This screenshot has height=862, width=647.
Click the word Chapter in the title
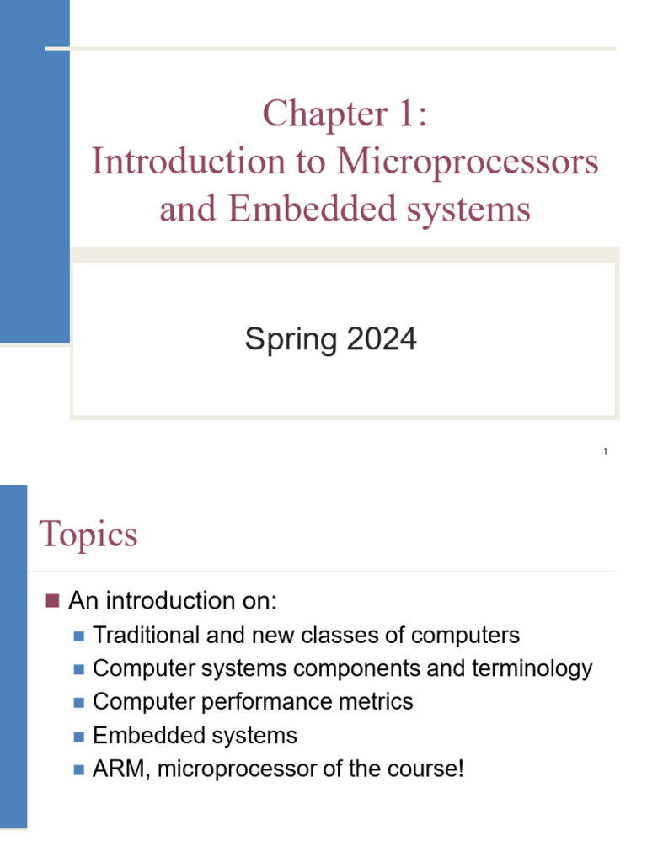313,114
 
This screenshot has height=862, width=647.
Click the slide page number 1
605,453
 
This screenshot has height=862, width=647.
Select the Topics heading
88,535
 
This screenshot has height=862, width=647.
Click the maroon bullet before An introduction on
52,600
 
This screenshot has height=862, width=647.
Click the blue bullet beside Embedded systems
79,736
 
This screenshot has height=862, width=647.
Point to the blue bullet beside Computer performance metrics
79,702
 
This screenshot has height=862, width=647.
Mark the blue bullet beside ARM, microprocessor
79,769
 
